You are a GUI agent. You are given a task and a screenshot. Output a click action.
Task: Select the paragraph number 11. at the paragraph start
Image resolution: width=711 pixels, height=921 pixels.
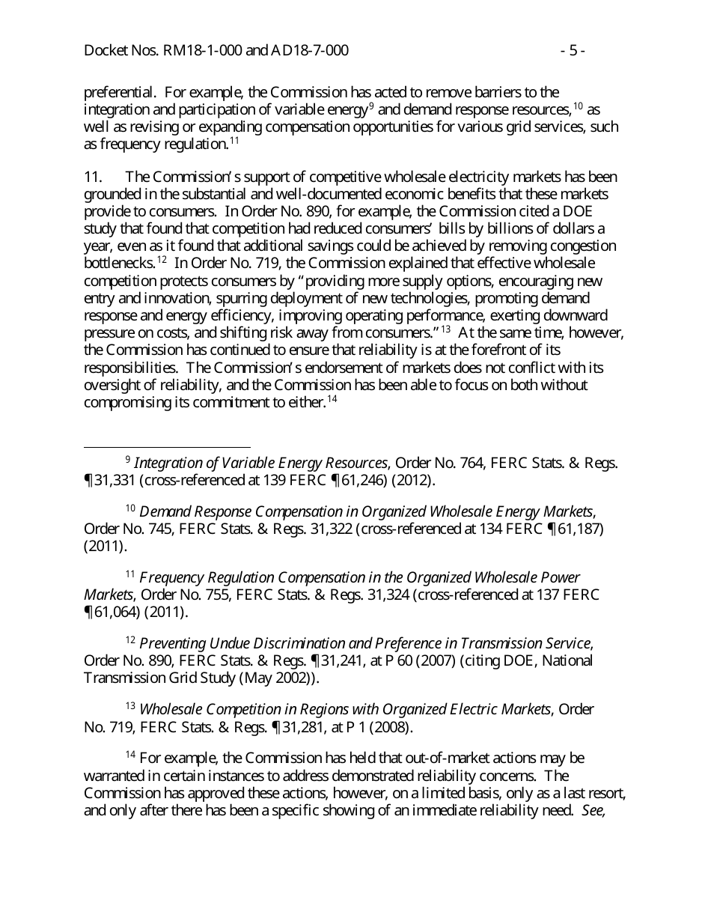[x=93, y=177]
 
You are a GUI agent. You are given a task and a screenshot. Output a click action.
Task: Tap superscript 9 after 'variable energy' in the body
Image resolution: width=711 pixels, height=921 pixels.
[x=371, y=106]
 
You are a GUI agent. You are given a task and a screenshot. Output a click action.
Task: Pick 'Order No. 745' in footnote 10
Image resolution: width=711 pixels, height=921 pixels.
[x=121, y=529]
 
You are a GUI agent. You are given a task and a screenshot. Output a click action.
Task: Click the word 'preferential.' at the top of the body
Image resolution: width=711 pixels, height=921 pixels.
[x=120, y=93]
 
